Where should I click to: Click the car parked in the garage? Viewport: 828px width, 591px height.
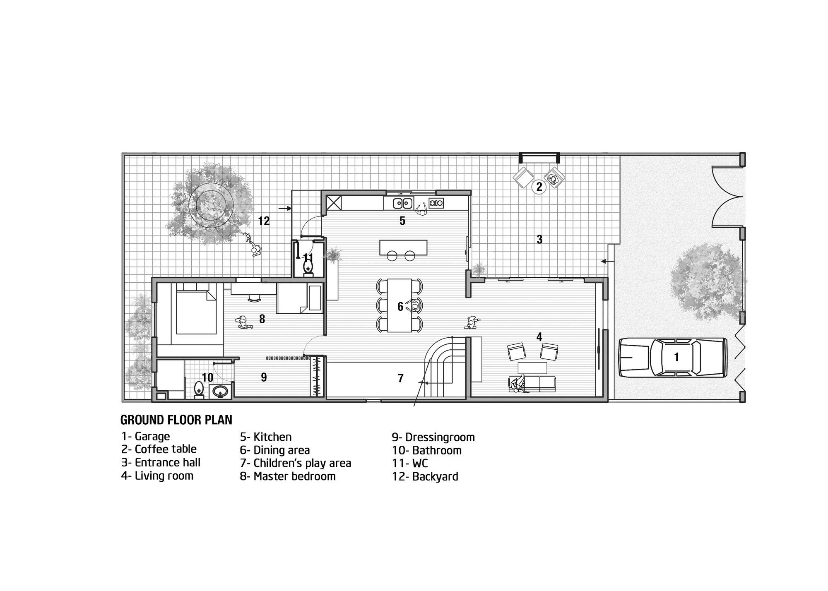click(x=673, y=357)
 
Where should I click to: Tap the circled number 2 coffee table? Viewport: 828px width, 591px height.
click(x=539, y=187)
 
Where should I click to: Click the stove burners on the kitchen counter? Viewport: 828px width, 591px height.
click(x=436, y=203)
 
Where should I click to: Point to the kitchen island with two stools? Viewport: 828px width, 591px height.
click(x=403, y=247)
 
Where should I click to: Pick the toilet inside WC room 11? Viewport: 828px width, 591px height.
click(x=308, y=268)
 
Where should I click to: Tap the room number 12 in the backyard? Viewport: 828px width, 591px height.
click(x=264, y=221)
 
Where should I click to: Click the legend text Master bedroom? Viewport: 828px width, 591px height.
click(x=294, y=476)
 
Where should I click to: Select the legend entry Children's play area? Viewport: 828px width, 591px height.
click(x=302, y=463)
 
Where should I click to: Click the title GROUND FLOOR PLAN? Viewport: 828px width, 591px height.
click(x=176, y=420)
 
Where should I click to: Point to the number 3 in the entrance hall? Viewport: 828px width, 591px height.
click(x=539, y=239)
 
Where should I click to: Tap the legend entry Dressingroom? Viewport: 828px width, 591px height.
click(x=440, y=437)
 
